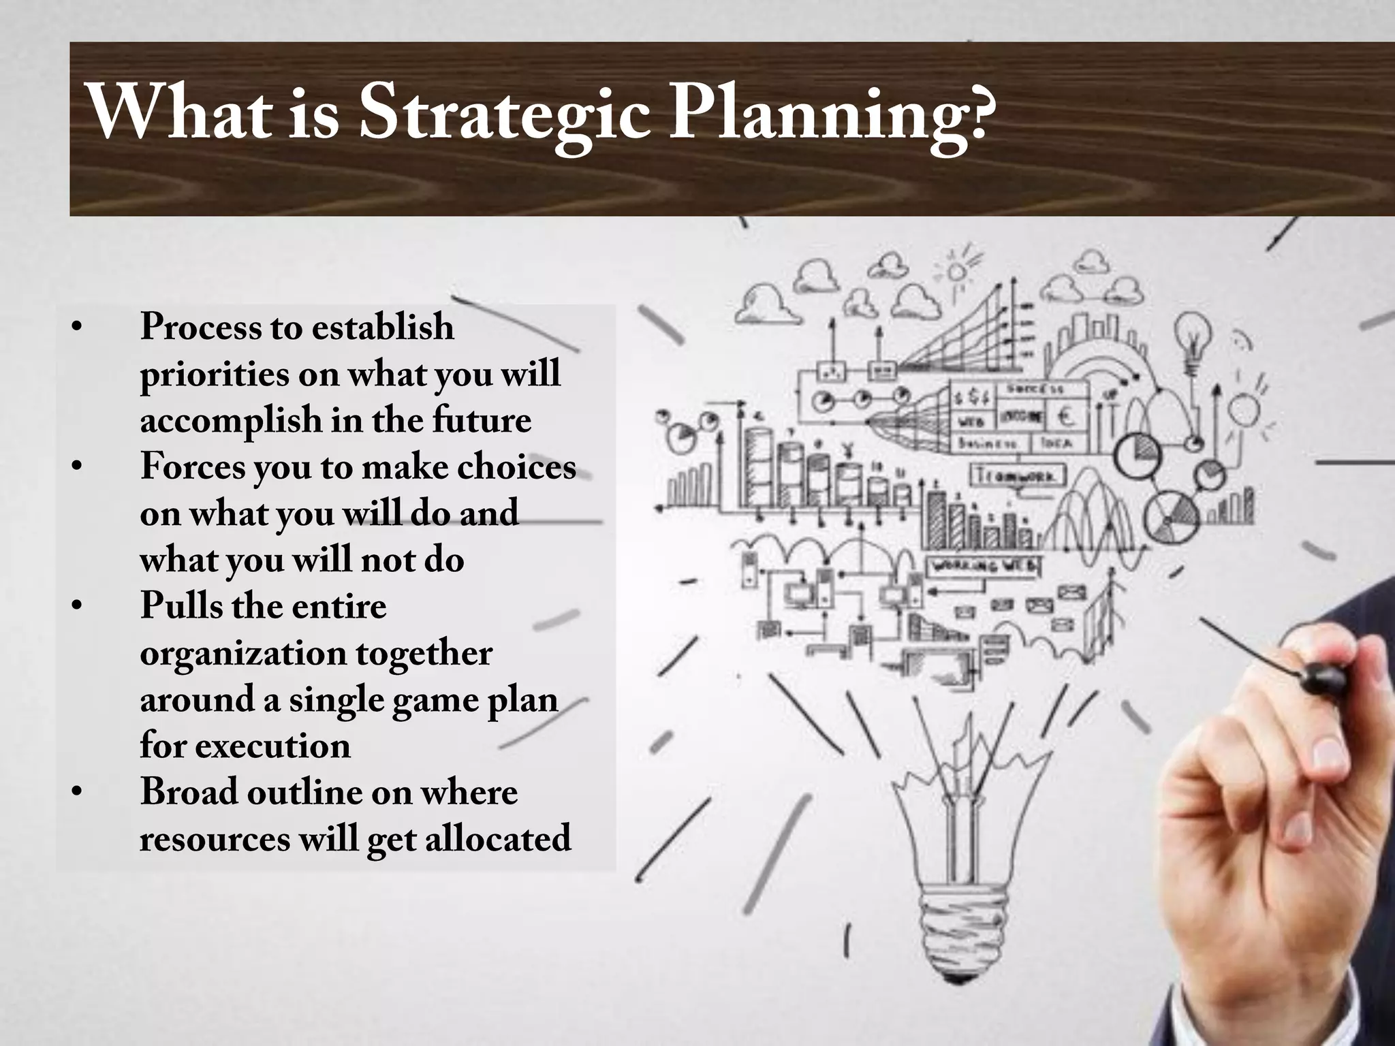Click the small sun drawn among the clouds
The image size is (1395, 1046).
point(957,272)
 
